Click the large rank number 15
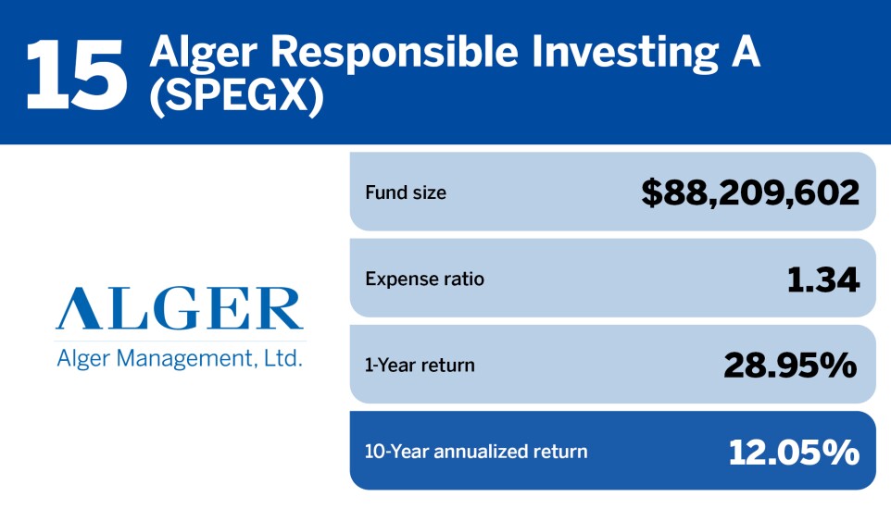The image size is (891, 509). coord(76,72)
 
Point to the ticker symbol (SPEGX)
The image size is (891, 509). coord(237,99)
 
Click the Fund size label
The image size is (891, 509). coord(406,192)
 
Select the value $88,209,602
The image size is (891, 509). coord(750,192)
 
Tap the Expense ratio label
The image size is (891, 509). coord(424,279)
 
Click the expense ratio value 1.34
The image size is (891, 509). coord(822,279)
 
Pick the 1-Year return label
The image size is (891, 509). coord(420,365)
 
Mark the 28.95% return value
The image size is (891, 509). coord(790,365)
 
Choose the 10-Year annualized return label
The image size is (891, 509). coord(476,452)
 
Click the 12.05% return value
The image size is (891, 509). coord(793,452)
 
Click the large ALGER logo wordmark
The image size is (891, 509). coord(179,309)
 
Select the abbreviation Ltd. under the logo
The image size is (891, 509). coord(283,358)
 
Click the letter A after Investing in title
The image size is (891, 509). coord(742,55)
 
